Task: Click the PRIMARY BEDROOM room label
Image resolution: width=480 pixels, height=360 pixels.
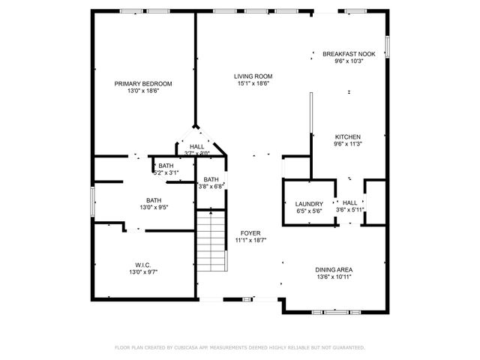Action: [x=142, y=83]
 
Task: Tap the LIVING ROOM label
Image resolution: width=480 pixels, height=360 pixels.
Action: [x=252, y=76]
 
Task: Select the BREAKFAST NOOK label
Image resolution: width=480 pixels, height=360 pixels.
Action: [x=349, y=54]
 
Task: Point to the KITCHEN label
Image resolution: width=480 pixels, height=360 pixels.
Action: [x=347, y=136]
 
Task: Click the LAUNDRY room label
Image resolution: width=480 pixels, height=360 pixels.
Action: [x=308, y=204]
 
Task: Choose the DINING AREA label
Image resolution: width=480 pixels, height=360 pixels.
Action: [x=334, y=269]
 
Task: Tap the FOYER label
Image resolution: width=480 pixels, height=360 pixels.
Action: [x=250, y=233]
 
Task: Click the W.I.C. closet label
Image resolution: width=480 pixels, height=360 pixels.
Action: [x=142, y=265]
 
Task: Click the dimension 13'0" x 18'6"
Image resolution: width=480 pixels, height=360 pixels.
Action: [x=142, y=91]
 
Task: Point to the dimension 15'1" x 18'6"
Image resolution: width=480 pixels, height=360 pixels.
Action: [x=252, y=83]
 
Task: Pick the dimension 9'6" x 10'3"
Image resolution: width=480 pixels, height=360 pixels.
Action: [x=349, y=61]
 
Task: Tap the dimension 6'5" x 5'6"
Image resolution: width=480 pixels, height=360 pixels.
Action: [x=308, y=211]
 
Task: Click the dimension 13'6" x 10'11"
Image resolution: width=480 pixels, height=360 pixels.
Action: [x=334, y=277]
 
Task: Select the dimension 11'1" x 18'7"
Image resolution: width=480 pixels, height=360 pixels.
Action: [x=250, y=241]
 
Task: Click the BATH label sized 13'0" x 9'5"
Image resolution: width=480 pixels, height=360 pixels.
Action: [x=153, y=200]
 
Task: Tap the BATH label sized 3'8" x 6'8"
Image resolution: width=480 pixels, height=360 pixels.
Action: [x=211, y=179]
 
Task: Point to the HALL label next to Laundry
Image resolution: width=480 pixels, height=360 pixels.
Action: [x=350, y=202]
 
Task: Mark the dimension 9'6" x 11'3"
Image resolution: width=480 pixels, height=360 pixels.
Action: [x=347, y=144]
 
